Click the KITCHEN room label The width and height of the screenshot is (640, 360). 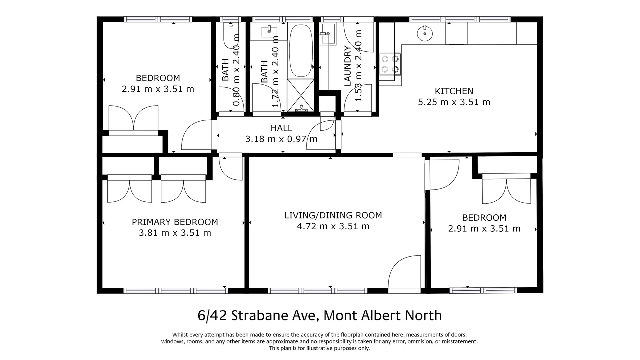click(x=454, y=91)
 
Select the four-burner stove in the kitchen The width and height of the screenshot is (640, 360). click(x=390, y=63)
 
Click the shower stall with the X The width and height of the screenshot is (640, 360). click(x=300, y=95)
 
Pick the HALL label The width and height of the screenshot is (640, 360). click(x=281, y=128)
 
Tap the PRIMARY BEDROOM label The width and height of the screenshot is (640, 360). click(x=175, y=222)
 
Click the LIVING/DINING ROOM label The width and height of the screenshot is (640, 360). click(x=333, y=216)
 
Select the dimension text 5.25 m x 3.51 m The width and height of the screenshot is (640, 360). click(x=454, y=102)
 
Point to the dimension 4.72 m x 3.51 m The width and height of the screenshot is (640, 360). click(x=333, y=227)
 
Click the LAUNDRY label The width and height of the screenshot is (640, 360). click(x=348, y=66)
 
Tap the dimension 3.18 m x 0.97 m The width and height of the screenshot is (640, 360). click(x=281, y=139)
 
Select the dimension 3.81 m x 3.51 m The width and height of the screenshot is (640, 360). click(x=175, y=233)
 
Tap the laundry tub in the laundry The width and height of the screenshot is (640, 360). click(x=328, y=35)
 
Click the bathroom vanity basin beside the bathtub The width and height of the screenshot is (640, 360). click(x=269, y=32)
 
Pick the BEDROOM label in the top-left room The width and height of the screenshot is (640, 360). click(x=158, y=78)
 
